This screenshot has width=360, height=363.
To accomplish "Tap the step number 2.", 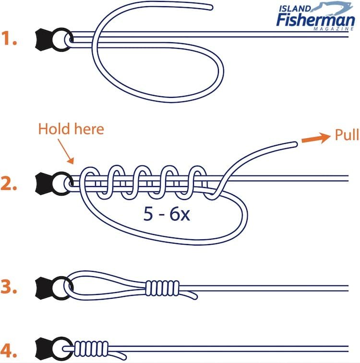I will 10,184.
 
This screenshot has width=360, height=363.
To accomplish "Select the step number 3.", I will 10,288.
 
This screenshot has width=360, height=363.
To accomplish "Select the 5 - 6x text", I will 167,214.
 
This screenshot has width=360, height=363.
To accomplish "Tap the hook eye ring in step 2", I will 63,183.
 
